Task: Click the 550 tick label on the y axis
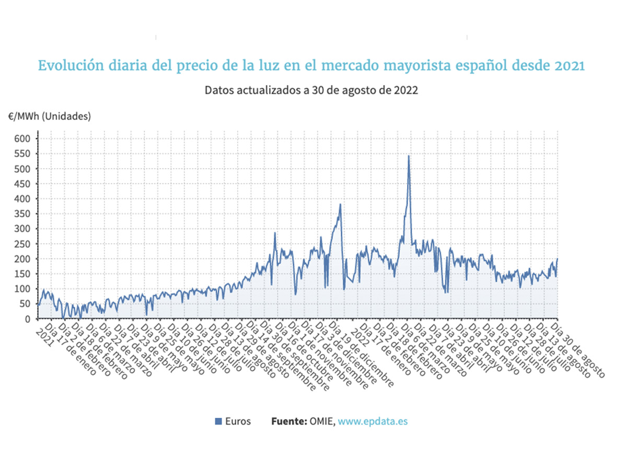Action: pyautogui.click(x=25, y=154)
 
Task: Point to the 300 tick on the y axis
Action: pyautogui.click(x=25, y=229)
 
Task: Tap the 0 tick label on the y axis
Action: pyautogui.click(x=29, y=319)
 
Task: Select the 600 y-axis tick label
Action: pyautogui.click(x=25, y=138)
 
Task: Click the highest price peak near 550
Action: pyautogui.click(x=409, y=156)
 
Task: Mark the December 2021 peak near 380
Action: pyautogui.click(x=340, y=205)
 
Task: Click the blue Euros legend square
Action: pyautogui.click(x=219, y=421)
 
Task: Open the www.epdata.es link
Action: pyautogui.click(x=373, y=421)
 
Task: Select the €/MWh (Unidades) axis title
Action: pyautogui.click(x=49, y=116)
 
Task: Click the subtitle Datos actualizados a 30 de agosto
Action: pyautogui.click(x=311, y=90)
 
